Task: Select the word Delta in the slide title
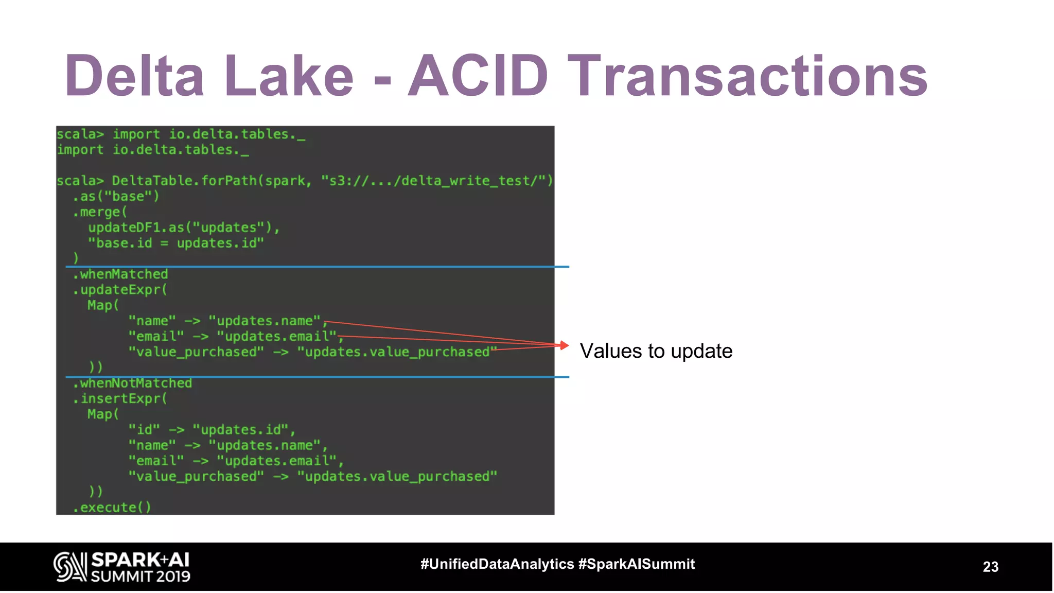coord(135,76)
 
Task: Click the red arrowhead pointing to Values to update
coord(565,345)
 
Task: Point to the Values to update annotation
coord(656,351)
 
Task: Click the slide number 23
coord(990,567)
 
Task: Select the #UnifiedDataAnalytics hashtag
coord(497,564)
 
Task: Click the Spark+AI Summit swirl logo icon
coord(70,567)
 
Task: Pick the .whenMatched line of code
coord(120,274)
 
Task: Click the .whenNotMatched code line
coord(132,383)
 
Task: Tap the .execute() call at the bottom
coord(112,508)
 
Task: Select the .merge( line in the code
coord(100,212)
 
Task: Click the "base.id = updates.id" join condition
coord(175,243)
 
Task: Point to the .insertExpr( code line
coord(120,399)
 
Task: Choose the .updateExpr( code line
coord(120,290)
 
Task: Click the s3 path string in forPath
coord(436,181)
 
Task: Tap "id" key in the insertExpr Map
coord(144,430)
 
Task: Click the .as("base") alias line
coord(116,197)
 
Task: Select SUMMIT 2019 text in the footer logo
coord(140,577)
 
